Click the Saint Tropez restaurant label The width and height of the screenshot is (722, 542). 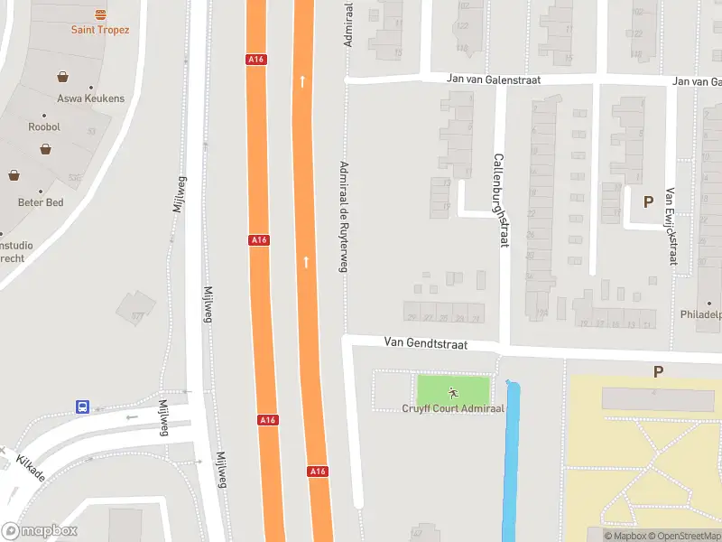[x=100, y=30]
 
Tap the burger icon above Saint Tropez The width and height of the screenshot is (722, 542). [x=100, y=14]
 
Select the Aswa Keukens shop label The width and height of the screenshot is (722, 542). [x=90, y=98]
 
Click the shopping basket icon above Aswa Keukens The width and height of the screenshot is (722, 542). [x=63, y=78]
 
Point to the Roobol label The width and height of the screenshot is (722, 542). [x=44, y=127]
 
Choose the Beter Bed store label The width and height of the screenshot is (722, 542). [x=41, y=202]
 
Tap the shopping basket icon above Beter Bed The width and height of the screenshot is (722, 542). [x=14, y=174]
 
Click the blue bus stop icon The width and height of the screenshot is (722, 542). [x=82, y=407]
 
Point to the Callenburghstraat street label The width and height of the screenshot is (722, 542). [x=499, y=200]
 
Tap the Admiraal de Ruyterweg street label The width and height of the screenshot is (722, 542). [x=343, y=216]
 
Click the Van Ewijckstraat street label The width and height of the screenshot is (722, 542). [x=671, y=226]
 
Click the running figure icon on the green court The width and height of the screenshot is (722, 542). [x=453, y=393]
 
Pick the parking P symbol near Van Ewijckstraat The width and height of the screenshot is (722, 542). [x=647, y=202]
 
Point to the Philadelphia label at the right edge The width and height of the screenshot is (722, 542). [x=701, y=315]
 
